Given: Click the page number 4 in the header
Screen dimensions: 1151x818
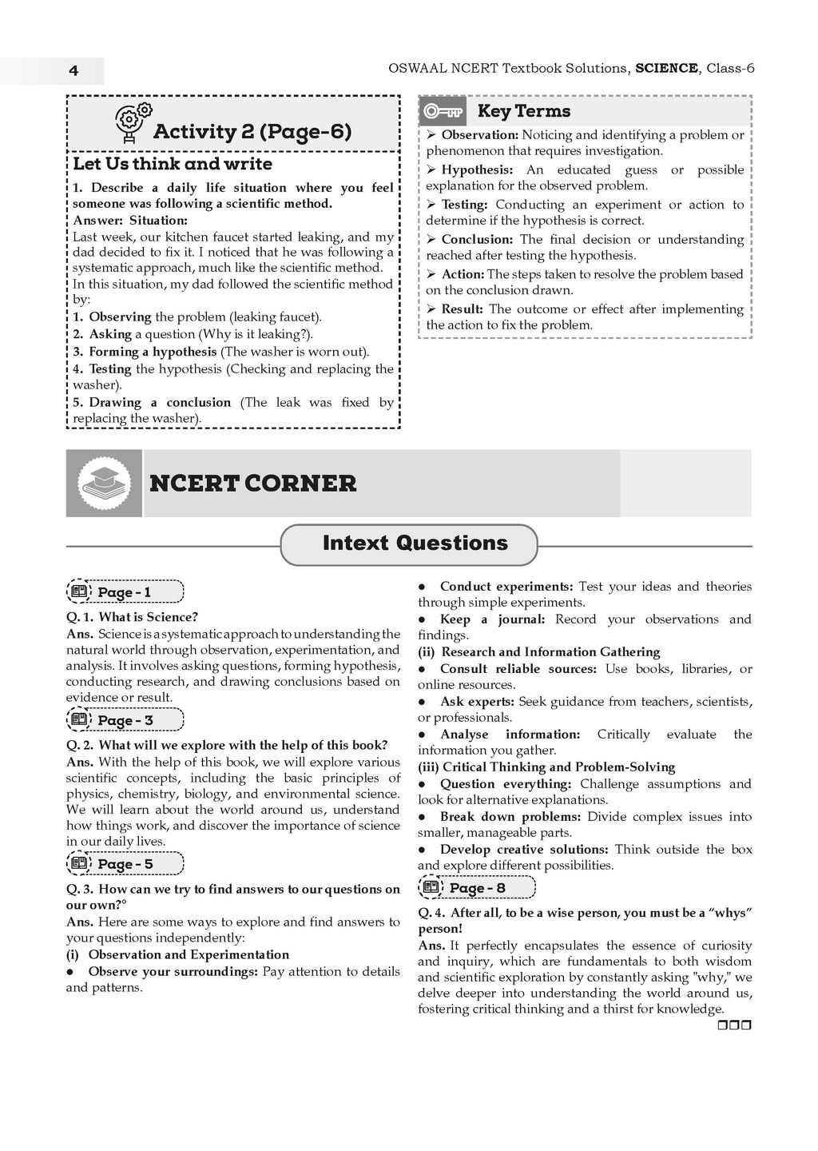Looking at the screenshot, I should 73,70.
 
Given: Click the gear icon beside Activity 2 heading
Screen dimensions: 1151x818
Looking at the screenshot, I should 133,121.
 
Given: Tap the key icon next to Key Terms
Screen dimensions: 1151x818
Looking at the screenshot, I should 443,111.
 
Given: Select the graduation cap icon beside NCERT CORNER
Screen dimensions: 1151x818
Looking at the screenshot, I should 104,483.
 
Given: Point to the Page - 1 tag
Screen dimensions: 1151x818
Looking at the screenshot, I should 125,592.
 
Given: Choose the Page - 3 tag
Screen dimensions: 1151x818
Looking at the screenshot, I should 125,720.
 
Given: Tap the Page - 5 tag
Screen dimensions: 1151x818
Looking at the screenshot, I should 125,864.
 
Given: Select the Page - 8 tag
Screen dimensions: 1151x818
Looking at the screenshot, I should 477,888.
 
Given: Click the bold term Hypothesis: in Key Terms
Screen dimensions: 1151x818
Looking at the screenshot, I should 477,169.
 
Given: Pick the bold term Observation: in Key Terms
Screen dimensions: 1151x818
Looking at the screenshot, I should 479,135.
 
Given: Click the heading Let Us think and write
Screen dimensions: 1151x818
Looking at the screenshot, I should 173,164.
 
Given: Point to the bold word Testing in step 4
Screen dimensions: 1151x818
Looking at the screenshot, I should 110,369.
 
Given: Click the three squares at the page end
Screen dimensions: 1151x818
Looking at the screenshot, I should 734,1026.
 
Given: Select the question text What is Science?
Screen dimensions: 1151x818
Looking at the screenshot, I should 148,617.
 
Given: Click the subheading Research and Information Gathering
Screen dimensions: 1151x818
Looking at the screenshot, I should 550,652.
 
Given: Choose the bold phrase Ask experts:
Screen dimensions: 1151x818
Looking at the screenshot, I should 477,702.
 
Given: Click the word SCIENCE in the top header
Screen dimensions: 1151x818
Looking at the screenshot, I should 666,69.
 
